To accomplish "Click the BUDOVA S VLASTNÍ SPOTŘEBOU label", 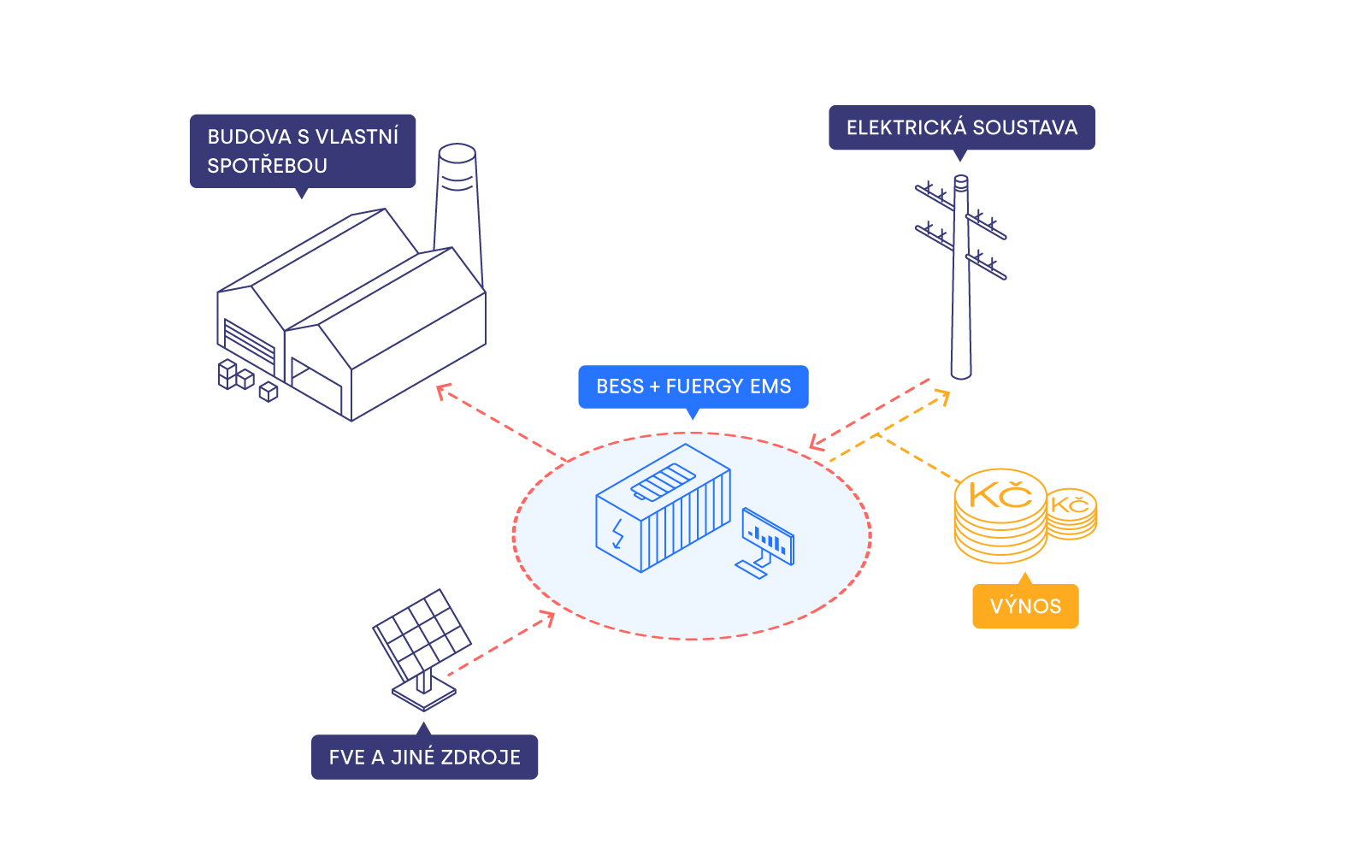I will click(302, 150).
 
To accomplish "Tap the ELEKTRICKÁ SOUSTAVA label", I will click(961, 127).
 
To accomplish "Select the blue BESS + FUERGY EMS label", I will click(693, 386).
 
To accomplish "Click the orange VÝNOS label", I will click(1025, 606).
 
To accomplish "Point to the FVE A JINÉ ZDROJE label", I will click(424, 757).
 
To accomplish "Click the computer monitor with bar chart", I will click(768, 538).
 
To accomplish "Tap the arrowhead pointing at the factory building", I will click(443, 391).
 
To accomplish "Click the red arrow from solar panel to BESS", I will click(500, 645).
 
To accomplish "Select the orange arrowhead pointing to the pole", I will click(943, 396).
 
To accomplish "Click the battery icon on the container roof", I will click(664, 481).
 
